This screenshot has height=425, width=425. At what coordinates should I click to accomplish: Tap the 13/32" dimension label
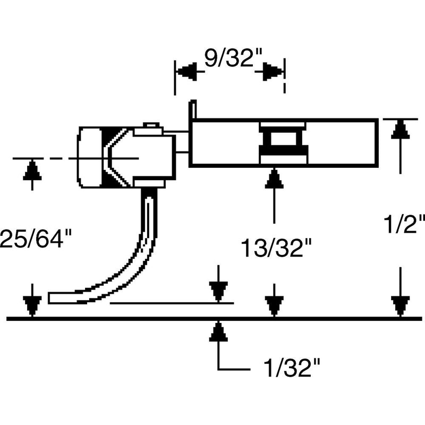click(274, 248)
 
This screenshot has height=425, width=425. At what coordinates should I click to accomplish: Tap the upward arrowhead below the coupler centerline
click(32, 171)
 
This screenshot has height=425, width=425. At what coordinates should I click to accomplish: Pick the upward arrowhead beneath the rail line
click(218, 331)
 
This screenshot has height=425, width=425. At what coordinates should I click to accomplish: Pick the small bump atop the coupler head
click(151, 125)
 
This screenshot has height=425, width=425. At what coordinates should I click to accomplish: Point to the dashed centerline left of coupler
click(42, 158)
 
